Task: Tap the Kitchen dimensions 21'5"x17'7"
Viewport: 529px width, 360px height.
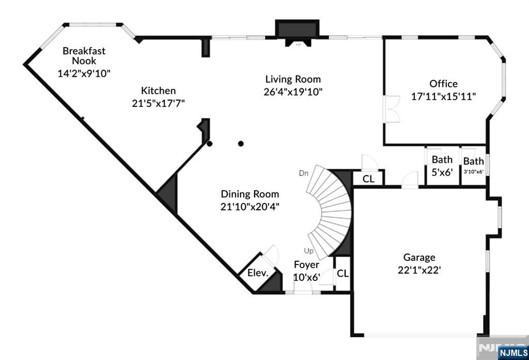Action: point(158,103)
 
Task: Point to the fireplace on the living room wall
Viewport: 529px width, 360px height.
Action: point(297,33)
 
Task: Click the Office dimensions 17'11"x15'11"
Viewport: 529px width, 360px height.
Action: point(443,97)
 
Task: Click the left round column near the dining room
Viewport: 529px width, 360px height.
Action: point(210,144)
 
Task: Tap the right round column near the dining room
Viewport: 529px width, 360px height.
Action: point(241,144)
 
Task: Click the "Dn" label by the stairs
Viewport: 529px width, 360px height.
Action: point(304,174)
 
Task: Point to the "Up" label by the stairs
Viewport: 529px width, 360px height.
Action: point(309,251)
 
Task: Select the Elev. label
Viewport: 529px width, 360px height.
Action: point(258,273)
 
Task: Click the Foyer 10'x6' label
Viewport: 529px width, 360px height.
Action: point(307,271)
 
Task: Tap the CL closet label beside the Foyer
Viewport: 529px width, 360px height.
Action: point(343,273)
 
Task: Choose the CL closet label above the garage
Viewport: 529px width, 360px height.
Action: point(368,179)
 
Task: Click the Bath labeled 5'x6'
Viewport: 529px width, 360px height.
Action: point(442,166)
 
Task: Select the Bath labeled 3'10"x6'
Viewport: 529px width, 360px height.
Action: point(474,165)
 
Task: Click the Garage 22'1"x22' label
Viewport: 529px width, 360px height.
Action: point(419,264)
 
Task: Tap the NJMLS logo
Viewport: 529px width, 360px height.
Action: point(513,353)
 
